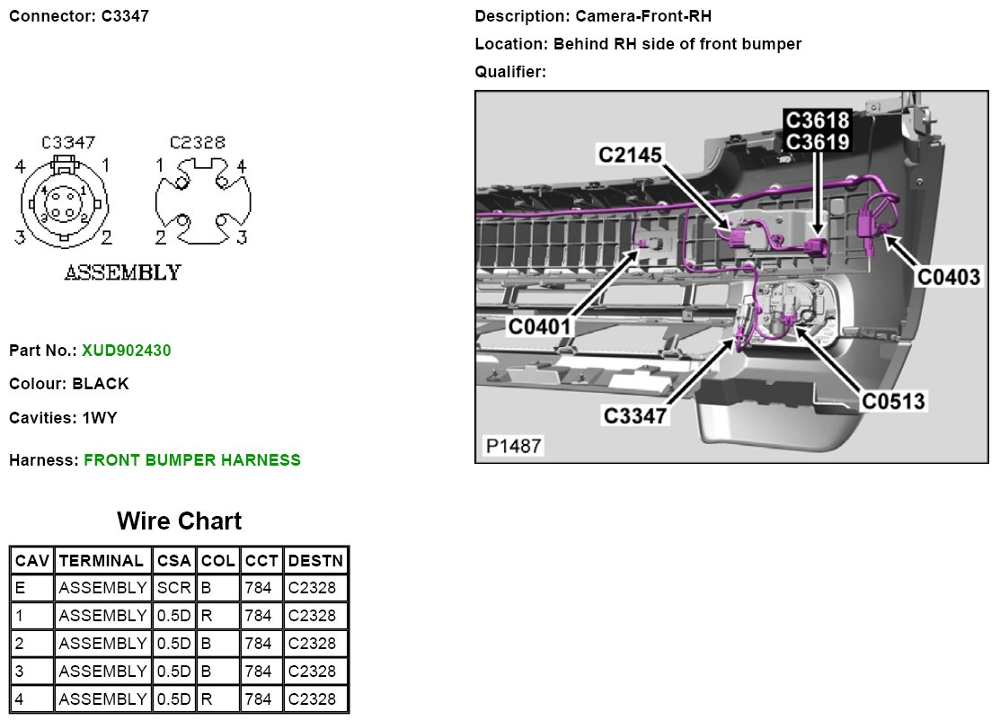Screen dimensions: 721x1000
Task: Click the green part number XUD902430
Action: tap(126, 351)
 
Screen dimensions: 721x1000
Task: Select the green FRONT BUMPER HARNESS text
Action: tap(192, 460)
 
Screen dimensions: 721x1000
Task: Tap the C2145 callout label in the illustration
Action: tap(631, 156)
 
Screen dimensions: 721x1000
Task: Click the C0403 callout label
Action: tap(948, 277)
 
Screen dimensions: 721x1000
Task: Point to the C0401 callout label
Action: tap(540, 325)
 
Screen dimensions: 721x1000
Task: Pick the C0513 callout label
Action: tap(893, 401)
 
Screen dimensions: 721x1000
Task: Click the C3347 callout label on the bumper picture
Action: tap(636, 415)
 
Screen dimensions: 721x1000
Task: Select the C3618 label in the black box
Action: tap(817, 120)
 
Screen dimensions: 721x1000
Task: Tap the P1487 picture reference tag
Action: tap(513, 446)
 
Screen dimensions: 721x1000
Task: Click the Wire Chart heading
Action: tap(179, 521)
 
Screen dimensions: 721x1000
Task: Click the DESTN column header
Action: tap(315, 561)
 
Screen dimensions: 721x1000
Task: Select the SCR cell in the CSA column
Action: tap(173, 589)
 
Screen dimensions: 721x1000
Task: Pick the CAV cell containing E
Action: tap(32, 589)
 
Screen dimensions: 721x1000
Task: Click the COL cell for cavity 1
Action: tap(217, 617)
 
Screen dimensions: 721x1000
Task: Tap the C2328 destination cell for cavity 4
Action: tap(315, 699)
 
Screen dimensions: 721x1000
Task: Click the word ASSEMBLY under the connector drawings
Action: tap(122, 272)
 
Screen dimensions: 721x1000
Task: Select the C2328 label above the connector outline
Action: tap(198, 143)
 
